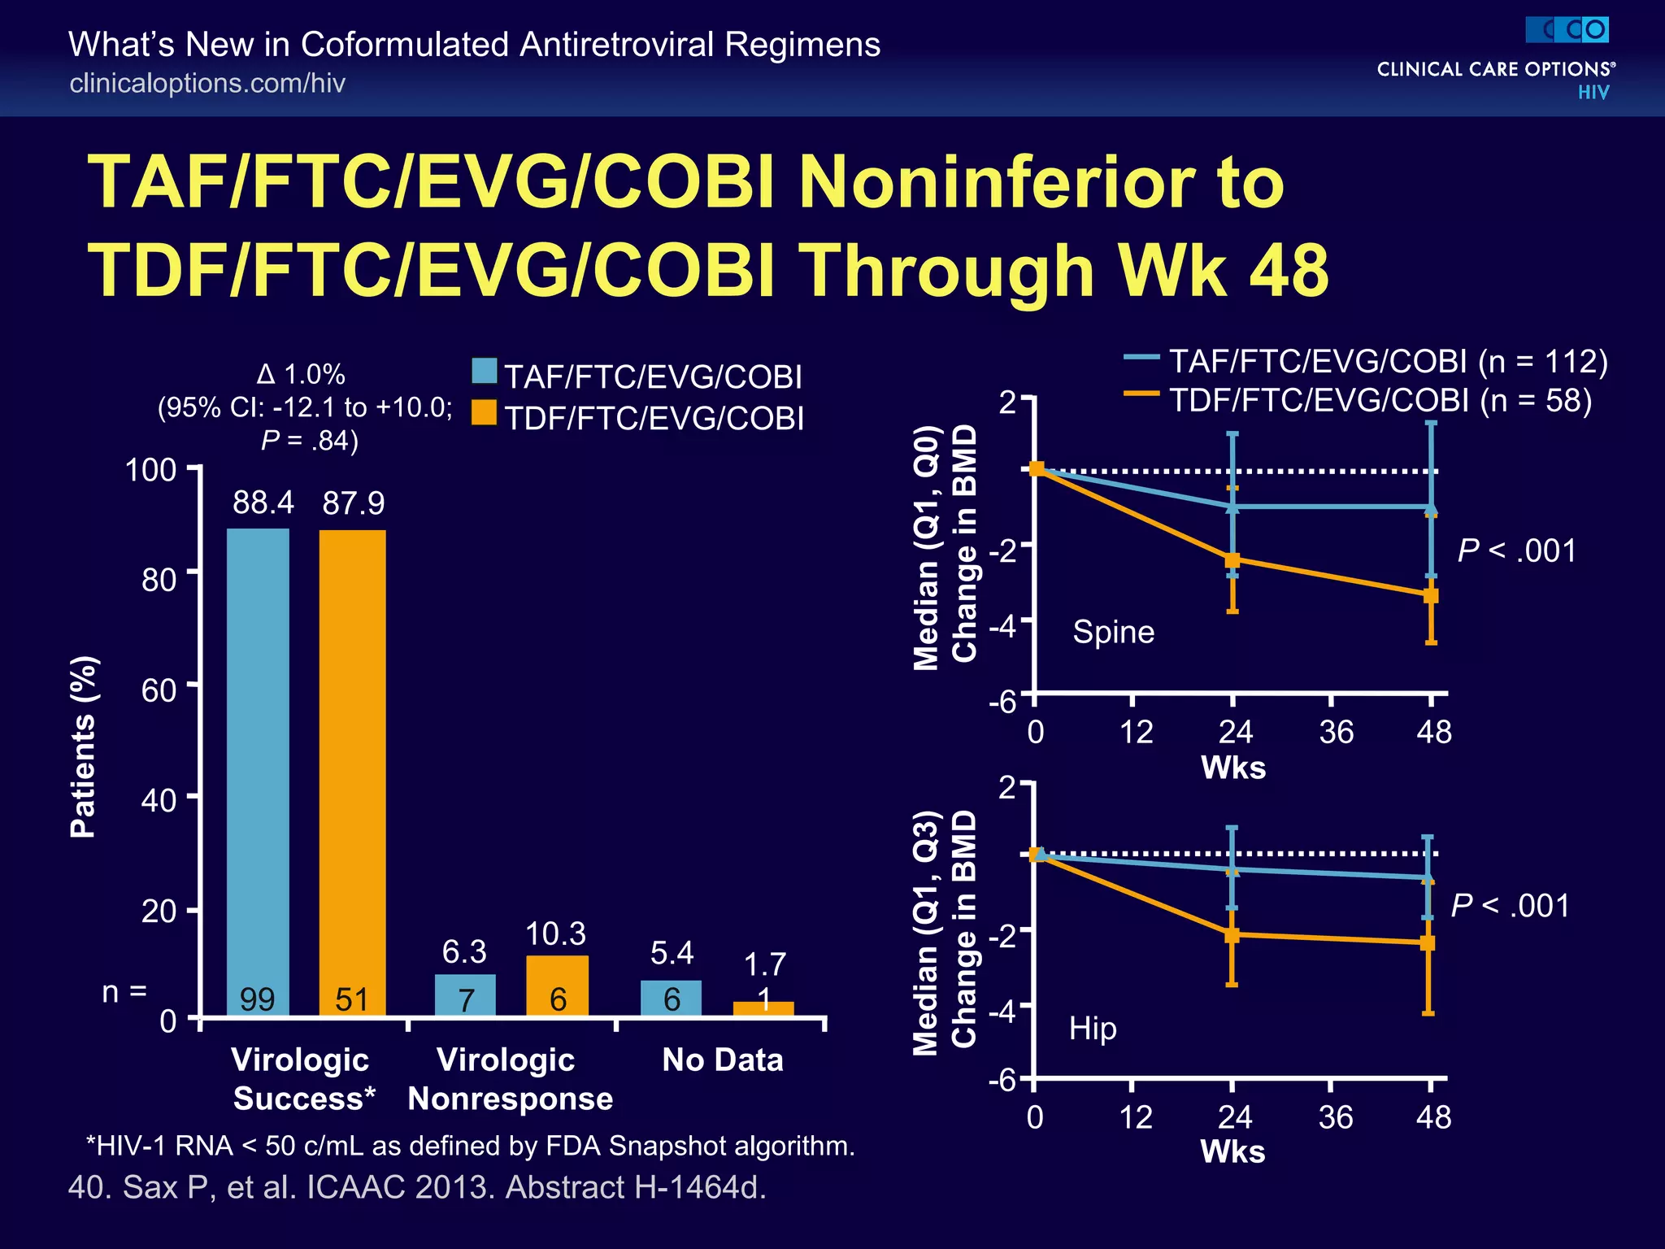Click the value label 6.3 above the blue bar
[x=464, y=951]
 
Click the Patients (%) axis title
[x=83, y=746]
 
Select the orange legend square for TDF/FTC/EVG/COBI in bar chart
[x=485, y=413]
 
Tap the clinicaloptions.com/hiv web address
[x=207, y=83]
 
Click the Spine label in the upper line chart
[x=1113, y=632]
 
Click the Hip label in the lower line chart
[x=1093, y=1029]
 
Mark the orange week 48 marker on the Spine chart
[x=1431, y=595]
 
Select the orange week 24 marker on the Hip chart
[x=1232, y=935]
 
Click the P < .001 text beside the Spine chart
[x=1516, y=551]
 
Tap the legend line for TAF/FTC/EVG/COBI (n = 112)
[x=1141, y=357]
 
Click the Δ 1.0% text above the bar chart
[x=301, y=375]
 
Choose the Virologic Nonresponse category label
[x=510, y=1079]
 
